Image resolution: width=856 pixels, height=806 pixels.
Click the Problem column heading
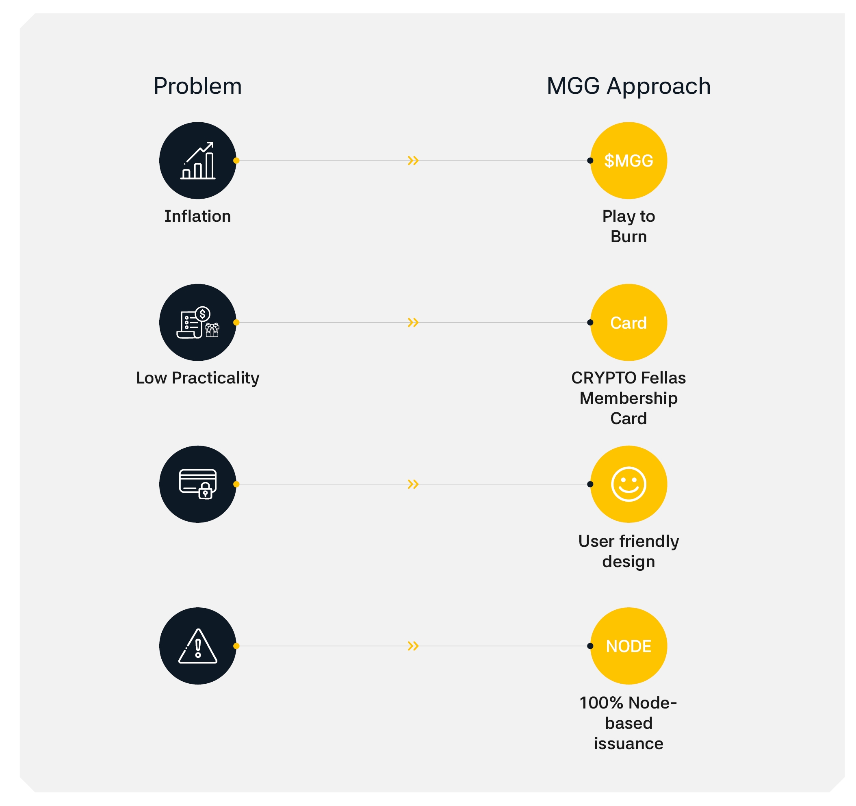tap(197, 86)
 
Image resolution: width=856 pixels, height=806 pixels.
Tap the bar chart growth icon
tap(197, 160)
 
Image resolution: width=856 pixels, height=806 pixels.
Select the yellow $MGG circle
tap(628, 160)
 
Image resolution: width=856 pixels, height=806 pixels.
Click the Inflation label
tap(197, 216)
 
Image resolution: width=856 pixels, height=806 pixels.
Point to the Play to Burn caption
tap(628, 226)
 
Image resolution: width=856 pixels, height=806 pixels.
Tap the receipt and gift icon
tap(197, 323)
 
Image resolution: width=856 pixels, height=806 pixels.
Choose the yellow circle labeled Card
tap(628, 323)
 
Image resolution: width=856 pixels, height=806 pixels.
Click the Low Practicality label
tap(197, 378)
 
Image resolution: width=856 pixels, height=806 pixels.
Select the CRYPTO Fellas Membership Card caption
tap(628, 398)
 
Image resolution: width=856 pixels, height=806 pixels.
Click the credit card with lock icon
tap(197, 484)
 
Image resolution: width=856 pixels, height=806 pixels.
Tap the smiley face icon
tap(628, 484)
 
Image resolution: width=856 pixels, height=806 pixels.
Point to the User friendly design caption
tap(628, 552)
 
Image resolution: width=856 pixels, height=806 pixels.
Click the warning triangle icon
tap(197, 646)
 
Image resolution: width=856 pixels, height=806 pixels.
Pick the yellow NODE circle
tap(628, 646)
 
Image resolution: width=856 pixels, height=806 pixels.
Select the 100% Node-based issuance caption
tap(628, 724)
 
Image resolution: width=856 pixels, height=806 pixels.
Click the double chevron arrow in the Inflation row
tap(413, 160)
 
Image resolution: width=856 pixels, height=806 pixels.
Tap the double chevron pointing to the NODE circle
tap(413, 646)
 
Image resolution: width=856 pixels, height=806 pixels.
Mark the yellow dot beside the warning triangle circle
tap(236, 646)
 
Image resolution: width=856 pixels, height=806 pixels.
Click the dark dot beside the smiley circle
tap(590, 484)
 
